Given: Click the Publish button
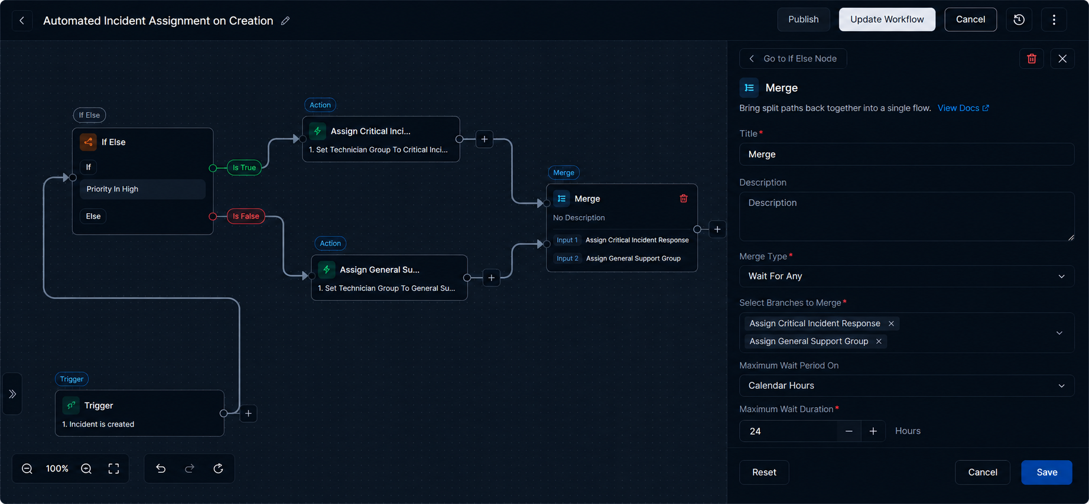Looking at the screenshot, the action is pyautogui.click(x=803, y=19).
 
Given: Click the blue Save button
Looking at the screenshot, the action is pyautogui.click(x=1046, y=472).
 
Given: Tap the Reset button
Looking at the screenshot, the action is pyautogui.click(x=764, y=472).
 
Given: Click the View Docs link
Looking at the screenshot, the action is pyautogui.click(x=963, y=108).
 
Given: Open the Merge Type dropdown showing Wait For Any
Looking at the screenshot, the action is pyautogui.click(x=906, y=276).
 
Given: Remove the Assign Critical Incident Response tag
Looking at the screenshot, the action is pyautogui.click(x=891, y=323).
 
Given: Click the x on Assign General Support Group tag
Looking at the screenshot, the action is pyautogui.click(x=879, y=341).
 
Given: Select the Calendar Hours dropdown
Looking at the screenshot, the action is pyautogui.click(x=906, y=385).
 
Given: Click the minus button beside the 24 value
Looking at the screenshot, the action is pyautogui.click(x=849, y=431).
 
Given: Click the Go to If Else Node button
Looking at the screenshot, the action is pyautogui.click(x=793, y=58).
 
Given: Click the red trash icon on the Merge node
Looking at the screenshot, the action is pyautogui.click(x=684, y=199).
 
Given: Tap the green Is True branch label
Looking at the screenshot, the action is pyautogui.click(x=244, y=168).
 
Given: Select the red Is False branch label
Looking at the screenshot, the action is pyautogui.click(x=246, y=216).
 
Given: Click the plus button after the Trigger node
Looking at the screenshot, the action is pyautogui.click(x=249, y=414).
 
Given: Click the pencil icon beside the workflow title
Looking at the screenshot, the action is pyautogui.click(x=285, y=21).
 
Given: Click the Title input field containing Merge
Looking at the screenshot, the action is pyautogui.click(x=906, y=154).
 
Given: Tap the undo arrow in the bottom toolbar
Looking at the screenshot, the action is pyautogui.click(x=161, y=469).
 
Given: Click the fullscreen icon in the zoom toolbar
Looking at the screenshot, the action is pyautogui.click(x=113, y=469).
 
